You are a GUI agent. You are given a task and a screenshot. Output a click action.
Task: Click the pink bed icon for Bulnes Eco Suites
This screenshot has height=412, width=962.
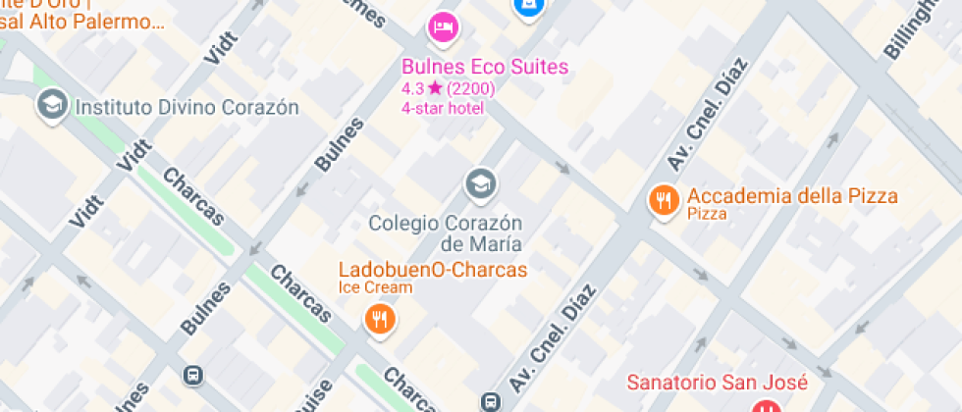pyautogui.click(x=443, y=26)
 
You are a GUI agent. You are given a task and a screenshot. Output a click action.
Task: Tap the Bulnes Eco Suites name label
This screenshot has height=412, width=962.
pyautogui.click(x=485, y=68)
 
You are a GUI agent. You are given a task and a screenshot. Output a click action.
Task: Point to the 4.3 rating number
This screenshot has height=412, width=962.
pyautogui.click(x=412, y=88)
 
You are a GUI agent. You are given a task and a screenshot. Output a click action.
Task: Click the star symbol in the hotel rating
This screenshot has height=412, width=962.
pyautogui.click(x=435, y=88)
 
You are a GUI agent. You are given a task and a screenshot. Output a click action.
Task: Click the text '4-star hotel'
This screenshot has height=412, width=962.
pyautogui.click(x=443, y=107)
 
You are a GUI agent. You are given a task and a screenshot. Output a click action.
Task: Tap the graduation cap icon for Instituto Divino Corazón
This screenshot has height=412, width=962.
pyautogui.click(x=52, y=104)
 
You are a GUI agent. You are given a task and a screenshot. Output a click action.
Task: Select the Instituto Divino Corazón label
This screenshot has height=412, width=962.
pyautogui.click(x=187, y=106)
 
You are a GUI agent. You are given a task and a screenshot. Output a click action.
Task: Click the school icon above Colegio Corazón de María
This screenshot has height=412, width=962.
pyautogui.click(x=480, y=182)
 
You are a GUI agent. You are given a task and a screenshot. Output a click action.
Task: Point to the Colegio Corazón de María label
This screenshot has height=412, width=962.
pyautogui.click(x=446, y=232)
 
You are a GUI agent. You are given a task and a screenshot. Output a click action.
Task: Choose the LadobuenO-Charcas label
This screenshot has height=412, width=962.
pyautogui.click(x=433, y=270)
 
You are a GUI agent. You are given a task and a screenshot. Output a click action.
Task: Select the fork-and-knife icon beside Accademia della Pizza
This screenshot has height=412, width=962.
pyautogui.click(x=665, y=201)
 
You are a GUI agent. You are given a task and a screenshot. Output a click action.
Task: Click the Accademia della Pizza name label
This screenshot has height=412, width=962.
pyautogui.click(x=792, y=196)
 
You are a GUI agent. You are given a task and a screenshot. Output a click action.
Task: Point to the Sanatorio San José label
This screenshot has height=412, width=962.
pyautogui.click(x=718, y=383)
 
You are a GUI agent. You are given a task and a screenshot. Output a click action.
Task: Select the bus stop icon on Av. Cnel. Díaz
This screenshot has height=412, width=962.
pyautogui.click(x=489, y=401)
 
